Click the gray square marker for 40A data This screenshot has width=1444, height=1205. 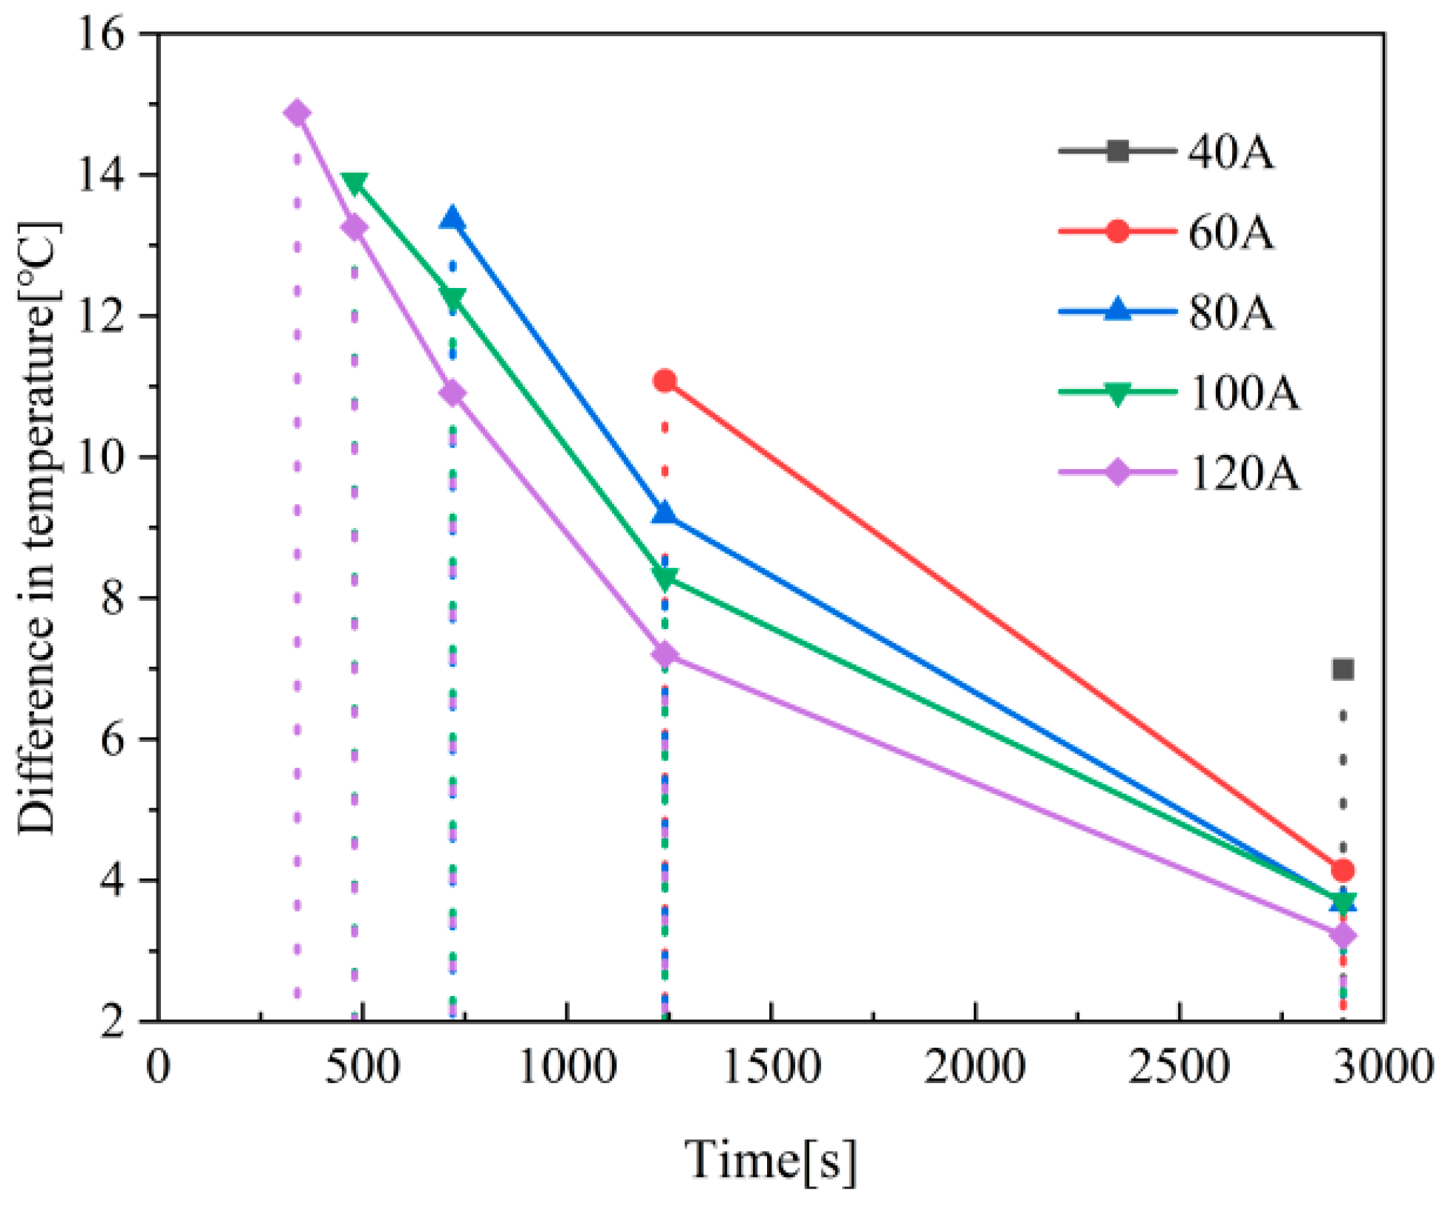click(1342, 670)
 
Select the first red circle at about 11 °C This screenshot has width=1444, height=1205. click(664, 381)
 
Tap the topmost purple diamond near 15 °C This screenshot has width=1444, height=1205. click(297, 113)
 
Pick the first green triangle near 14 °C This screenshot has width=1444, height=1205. click(355, 182)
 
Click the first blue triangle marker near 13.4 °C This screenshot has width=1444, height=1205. click(452, 219)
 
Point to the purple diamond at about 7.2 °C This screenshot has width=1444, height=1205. click(664, 654)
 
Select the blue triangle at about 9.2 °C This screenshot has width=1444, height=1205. click(664, 513)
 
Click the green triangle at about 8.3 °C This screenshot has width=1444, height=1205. click(664, 577)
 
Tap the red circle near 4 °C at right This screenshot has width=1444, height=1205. click(1342, 871)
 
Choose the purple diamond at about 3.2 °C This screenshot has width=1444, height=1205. click(1342, 935)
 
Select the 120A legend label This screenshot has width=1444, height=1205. click(1243, 473)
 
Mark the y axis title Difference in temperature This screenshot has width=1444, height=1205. click(37, 528)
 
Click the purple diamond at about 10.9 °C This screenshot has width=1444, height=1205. click(452, 394)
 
